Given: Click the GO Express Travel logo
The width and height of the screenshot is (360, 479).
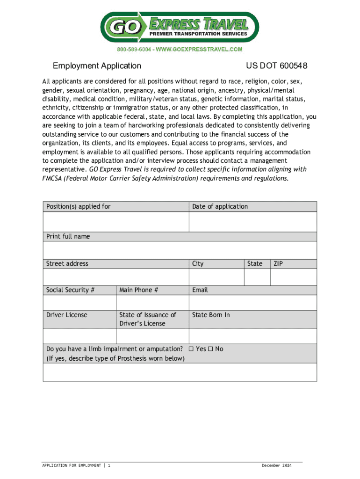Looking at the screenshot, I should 180,27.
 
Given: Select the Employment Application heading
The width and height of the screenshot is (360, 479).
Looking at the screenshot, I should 97,66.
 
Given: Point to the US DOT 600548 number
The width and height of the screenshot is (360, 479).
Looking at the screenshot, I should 276,66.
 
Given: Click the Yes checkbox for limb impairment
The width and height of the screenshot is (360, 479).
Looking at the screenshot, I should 191,349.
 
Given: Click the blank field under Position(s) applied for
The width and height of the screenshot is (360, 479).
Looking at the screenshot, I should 115,222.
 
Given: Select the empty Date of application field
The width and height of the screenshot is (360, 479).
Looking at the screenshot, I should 252,222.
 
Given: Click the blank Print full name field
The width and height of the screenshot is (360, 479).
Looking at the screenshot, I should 180,249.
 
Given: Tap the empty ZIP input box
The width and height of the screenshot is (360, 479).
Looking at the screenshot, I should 294,277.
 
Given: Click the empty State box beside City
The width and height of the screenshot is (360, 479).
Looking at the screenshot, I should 257,277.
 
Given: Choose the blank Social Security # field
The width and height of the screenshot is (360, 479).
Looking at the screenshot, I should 79,302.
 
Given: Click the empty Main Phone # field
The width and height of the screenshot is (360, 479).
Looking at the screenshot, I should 152,302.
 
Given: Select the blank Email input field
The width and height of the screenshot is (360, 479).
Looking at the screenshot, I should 252,302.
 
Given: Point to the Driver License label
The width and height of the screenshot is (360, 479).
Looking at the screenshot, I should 66,315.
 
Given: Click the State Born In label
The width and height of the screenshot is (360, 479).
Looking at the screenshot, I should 211,315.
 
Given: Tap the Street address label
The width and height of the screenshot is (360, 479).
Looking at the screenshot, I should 67,264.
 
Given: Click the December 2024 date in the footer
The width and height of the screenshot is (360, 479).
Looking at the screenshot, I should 276,465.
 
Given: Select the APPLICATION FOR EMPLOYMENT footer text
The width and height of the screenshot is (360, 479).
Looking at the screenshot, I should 72,465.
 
